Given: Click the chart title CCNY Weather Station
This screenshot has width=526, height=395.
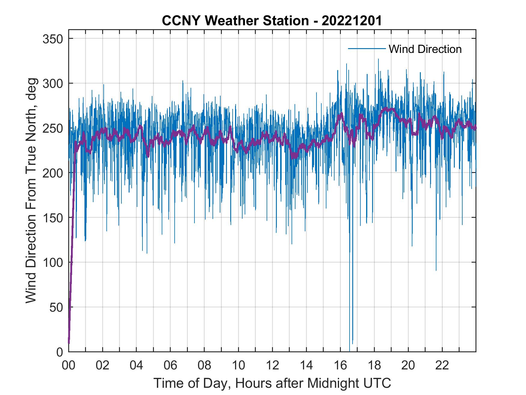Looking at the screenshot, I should (x=272, y=21).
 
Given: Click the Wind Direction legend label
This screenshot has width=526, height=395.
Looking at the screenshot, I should (x=425, y=49).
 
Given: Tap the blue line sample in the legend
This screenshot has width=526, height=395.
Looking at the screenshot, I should (x=366, y=49).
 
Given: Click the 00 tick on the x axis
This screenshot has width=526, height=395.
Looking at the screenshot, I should (x=69, y=366).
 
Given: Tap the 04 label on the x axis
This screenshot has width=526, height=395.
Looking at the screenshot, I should (x=136, y=366).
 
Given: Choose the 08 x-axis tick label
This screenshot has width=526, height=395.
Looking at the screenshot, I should (x=204, y=366).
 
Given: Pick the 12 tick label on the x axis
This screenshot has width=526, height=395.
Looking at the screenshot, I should (x=272, y=366).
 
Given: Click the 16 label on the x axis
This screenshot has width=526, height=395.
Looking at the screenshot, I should (x=340, y=366).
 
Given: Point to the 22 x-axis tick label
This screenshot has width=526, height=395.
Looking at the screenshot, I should (x=442, y=366).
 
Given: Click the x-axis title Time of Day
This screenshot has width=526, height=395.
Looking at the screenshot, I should (x=272, y=383).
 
